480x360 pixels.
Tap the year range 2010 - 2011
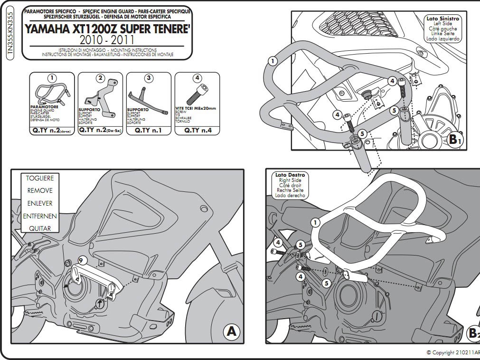[107, 40]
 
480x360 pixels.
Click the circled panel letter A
[231, 331]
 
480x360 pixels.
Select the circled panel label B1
[455, 139]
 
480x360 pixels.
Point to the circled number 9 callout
[81, 260]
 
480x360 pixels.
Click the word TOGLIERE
[40, 178]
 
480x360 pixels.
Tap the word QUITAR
[40, 228]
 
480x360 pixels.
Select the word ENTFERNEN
[40, 216]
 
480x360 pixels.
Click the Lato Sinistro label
[442, 19]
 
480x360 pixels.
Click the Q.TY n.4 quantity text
[198, 130]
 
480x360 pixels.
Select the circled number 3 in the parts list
[149, 78]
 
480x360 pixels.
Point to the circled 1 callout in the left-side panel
[272, 61]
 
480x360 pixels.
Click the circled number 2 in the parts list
[100, 78]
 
